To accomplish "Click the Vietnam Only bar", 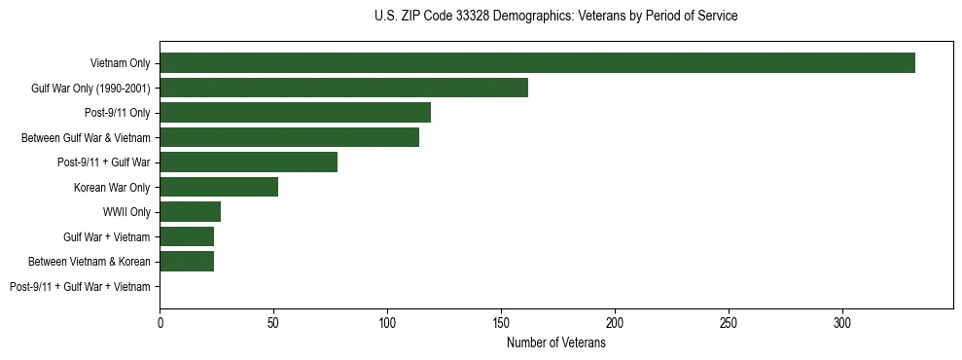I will (x=537, y=63).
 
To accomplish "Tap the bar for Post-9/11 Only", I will (x=295, y=113).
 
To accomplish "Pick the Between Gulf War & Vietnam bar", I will (x=289, y=137).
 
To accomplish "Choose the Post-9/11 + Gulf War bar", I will (x=248, y=162).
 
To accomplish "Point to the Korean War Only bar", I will (x=219, y=187).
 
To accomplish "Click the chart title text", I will (x=555, y=16).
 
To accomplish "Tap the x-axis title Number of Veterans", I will (x=555, y=343).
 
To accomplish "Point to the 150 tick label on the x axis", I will (x=501, y=321).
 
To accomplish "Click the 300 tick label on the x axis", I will (x=842, y=321).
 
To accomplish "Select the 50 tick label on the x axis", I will (x=273, y=321).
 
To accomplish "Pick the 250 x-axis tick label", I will (x=729, y=321).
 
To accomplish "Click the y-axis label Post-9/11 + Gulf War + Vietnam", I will (x=80, y=286).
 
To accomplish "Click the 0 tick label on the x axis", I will (x=160, y=321).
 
